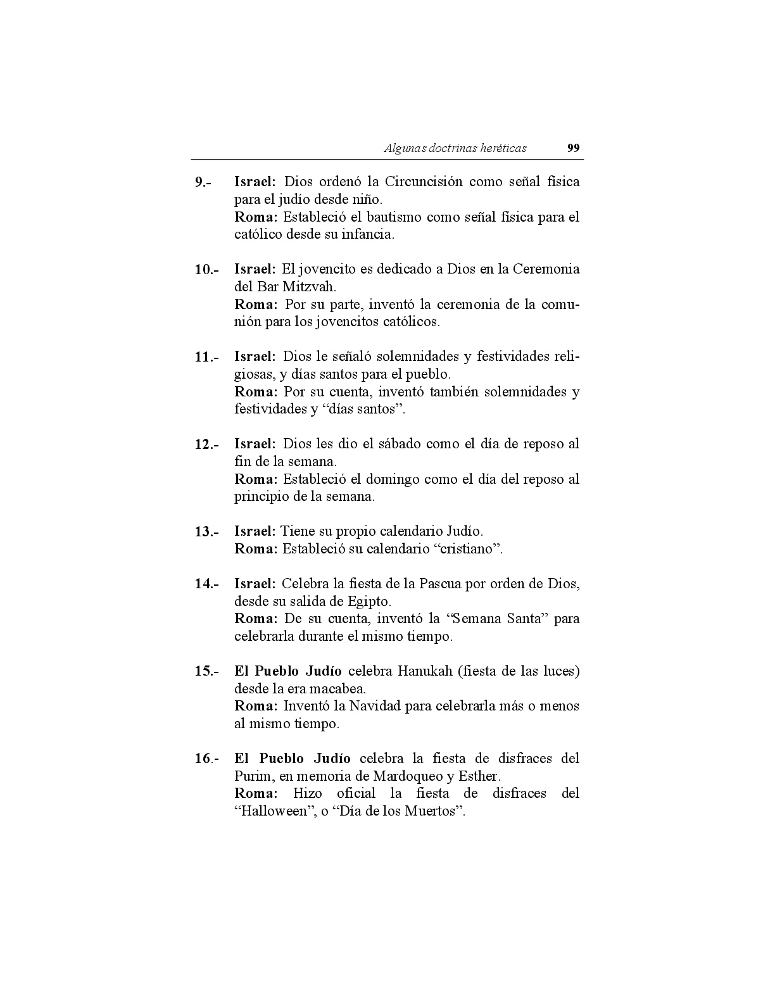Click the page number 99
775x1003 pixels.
(572, 148)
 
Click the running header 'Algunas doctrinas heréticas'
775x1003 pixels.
(455, 148)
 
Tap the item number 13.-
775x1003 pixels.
(206, 532)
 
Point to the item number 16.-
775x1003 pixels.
(206, 759)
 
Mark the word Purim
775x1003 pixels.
(253, 776)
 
